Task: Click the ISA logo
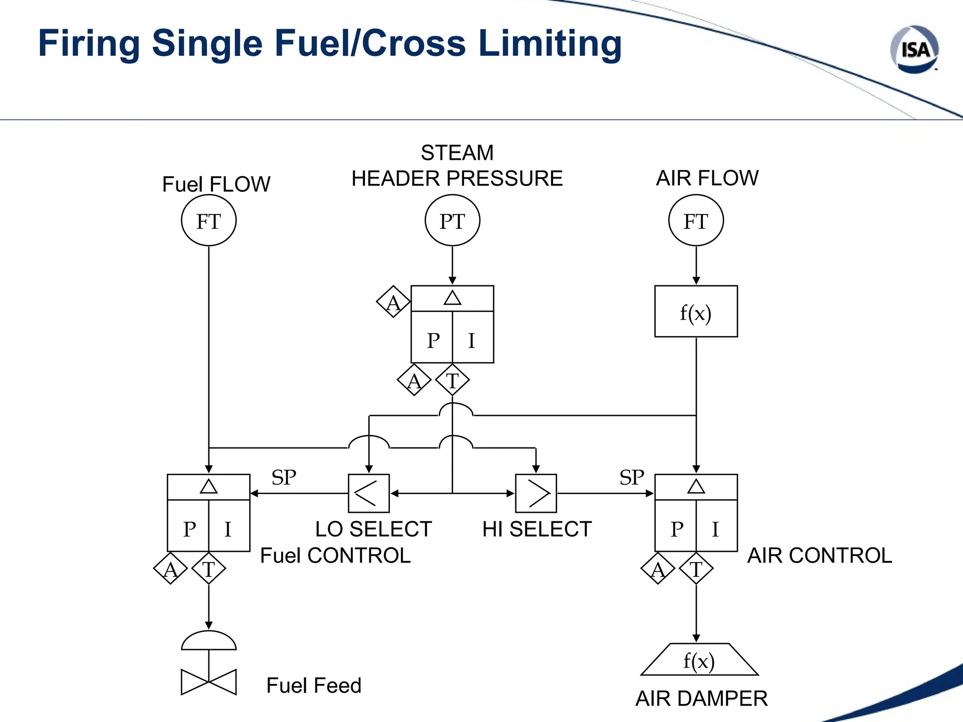click(914, 49)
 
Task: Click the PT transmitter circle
click(452, 220)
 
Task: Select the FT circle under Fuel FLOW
click(209, 220)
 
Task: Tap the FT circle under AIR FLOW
click(696, 220)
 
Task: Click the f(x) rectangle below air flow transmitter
click(696, 311)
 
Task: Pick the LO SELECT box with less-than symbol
click(369, 493)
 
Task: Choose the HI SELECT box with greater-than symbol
click(536, 493)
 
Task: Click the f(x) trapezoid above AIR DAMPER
click(699, 660)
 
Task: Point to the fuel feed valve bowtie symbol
click(209, 682)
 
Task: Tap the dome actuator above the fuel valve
click(209, 641)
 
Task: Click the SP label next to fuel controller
click(284, 478)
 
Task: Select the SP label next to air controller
click(631, 478)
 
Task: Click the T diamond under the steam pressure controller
click(452, 380)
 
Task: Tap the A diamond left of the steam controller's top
click(393, 302)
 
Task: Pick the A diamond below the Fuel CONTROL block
click(170, 569)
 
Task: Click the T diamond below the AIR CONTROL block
click(696, 569)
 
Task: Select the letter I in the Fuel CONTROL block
click(228, 529)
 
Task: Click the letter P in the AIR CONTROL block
click(677, 529)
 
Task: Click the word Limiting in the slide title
click(550, 43)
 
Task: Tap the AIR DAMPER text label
click(702, 698)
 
